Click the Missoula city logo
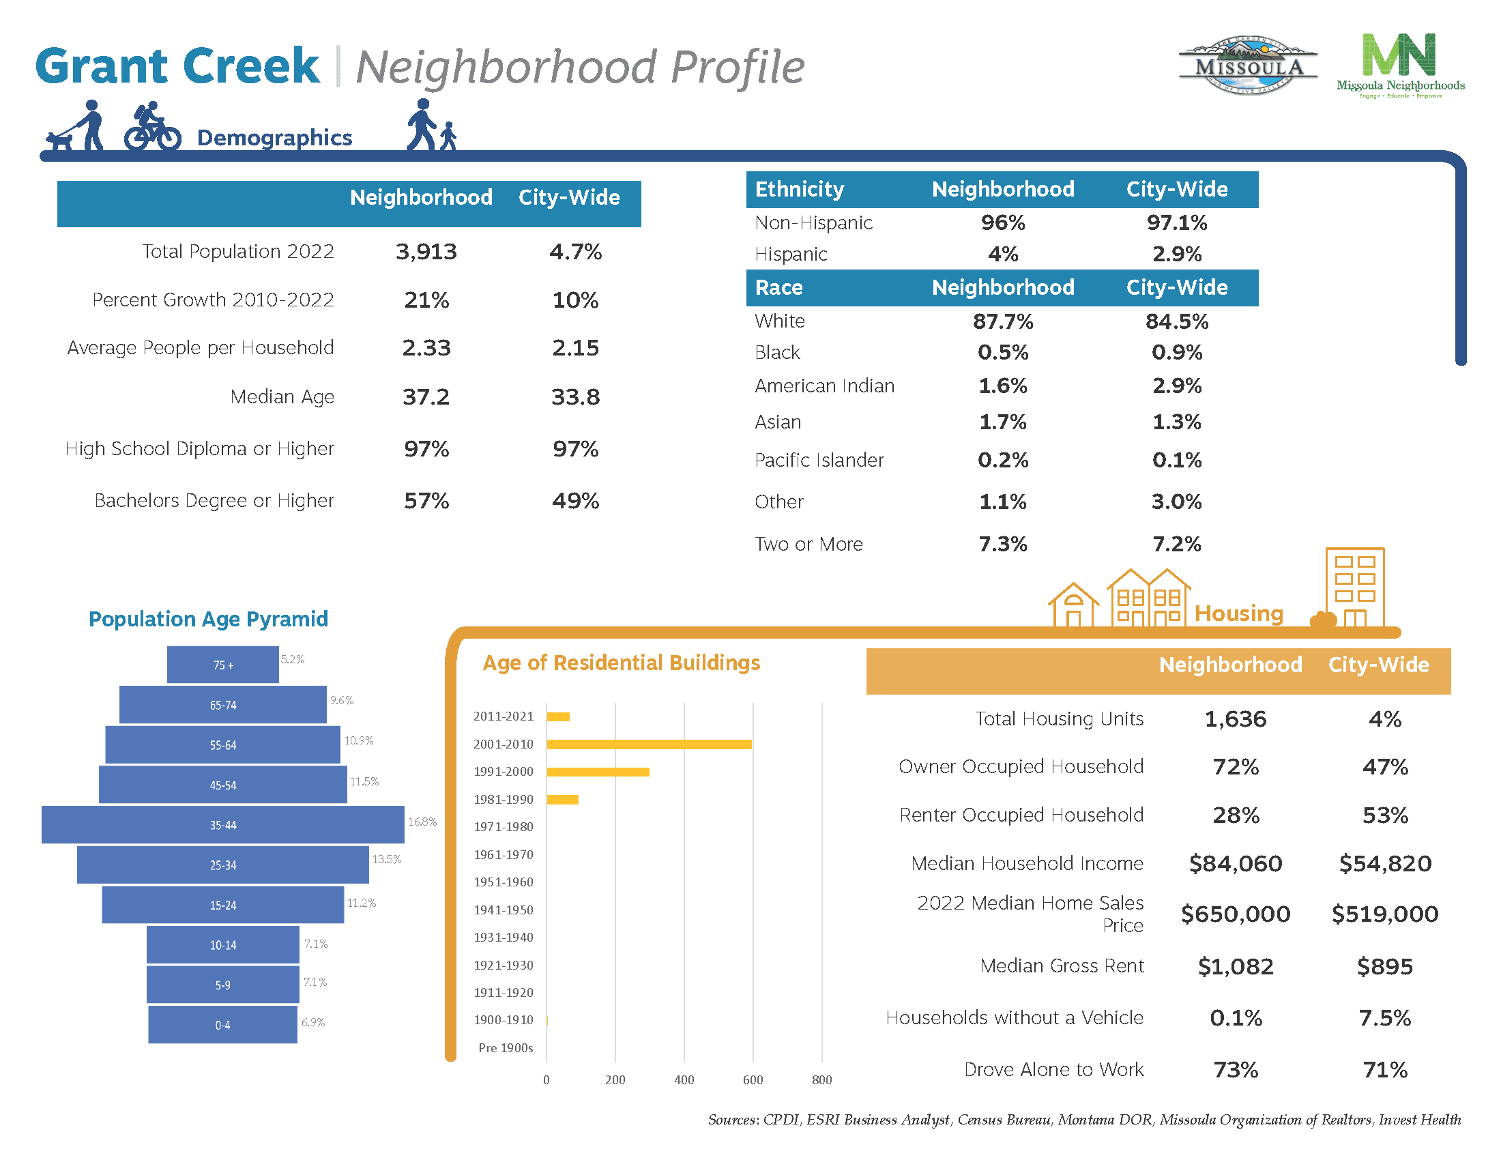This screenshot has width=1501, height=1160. tap(1248, 66)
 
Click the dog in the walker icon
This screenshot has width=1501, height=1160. tap(59, 141)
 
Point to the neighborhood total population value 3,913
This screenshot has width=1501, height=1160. tap(426, 252)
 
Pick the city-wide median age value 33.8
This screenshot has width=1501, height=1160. tap(575, 396)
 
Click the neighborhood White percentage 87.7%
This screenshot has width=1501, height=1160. tap(1002, 321)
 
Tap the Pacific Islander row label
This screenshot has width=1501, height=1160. tap(819, 460)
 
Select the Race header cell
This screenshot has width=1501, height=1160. tap(778, 287)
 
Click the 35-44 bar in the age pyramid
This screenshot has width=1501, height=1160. tap(222, 825)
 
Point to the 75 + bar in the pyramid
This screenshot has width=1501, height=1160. tap(222, 665)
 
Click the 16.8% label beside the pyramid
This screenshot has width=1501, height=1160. tap(422, 822)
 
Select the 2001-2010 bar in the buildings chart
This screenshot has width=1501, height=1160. tap(649, 744)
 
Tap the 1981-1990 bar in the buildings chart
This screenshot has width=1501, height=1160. tap(562, 799)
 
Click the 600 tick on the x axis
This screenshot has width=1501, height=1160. tap(753, 1079)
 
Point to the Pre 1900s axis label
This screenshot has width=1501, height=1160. tap(505, 1047)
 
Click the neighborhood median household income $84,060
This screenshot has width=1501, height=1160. tap(1235, 863)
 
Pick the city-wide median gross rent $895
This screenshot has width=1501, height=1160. tap(1384, 966)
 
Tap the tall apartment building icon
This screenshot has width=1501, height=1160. tap(1354, 588)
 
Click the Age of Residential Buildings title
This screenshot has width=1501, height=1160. tap(622, 663)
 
